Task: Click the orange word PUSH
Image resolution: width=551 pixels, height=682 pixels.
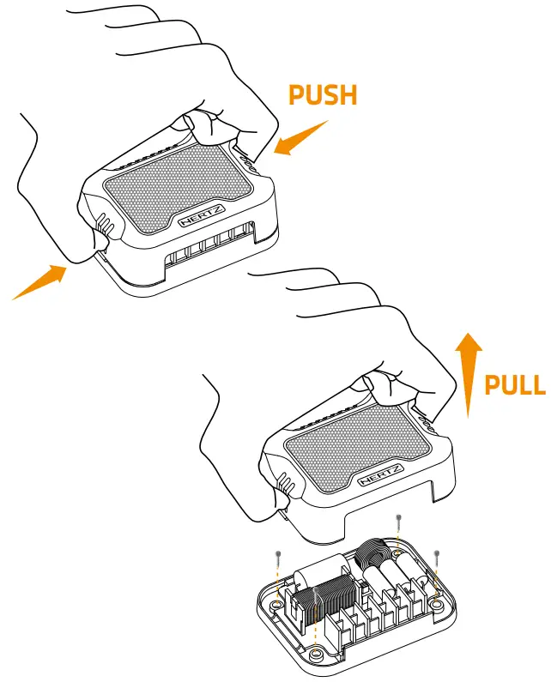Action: click(322, 94)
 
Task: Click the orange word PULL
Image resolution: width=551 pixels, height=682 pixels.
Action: click(514, 384)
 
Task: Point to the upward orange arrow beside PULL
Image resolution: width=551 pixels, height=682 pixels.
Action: click(468, 374)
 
